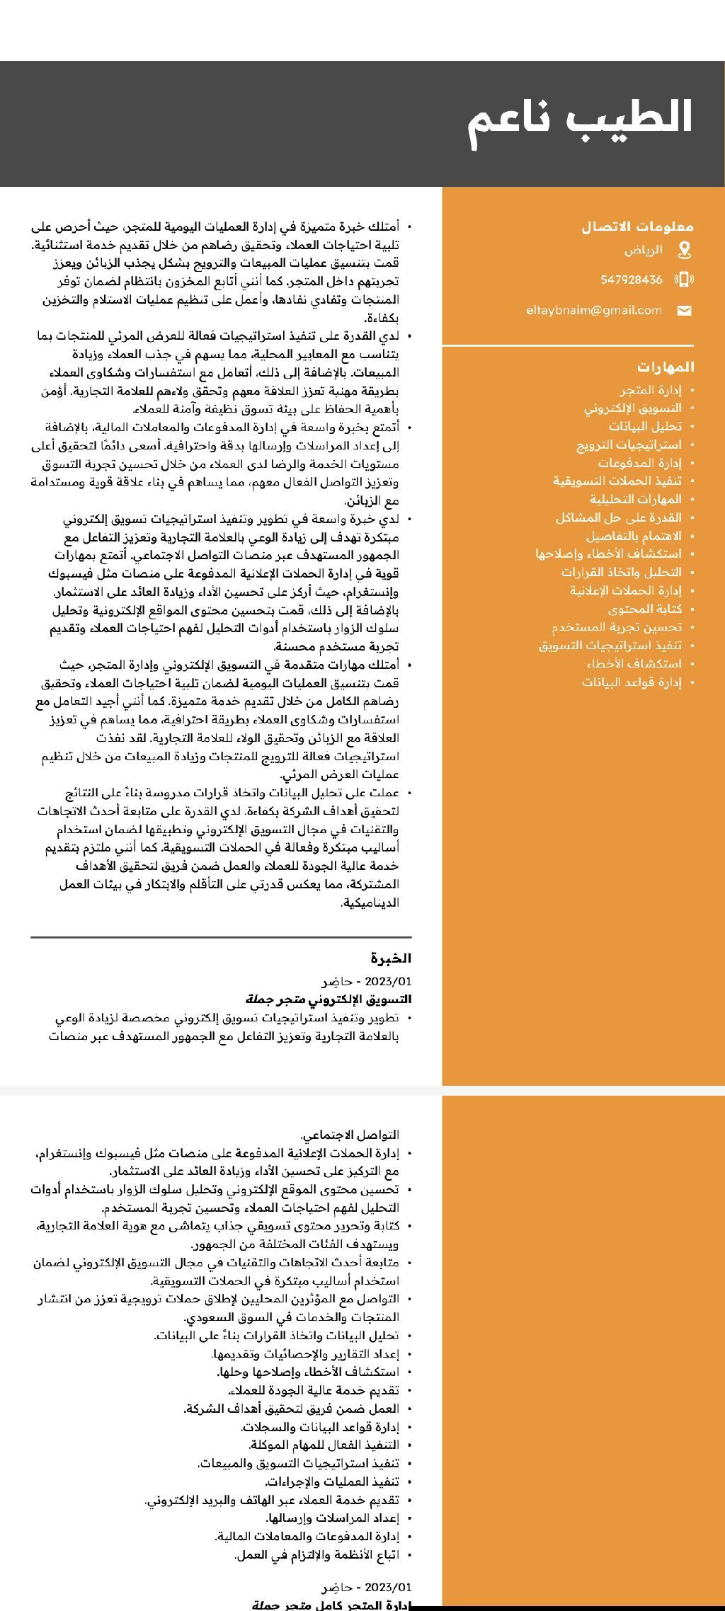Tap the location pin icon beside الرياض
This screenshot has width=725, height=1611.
tap(684, 250)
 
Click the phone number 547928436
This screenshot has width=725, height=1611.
tap(632, 280)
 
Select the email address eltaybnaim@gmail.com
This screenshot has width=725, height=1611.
tap(594, 310)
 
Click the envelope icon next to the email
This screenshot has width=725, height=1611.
tap(684, 311)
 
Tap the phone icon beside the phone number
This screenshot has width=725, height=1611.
tap(684, 280)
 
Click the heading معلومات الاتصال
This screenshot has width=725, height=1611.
tap(637, 227)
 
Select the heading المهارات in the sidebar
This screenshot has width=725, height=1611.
tap(666, 367)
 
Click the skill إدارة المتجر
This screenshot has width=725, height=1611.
tap(651, 390)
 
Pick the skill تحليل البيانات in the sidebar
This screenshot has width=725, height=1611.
tap(645, 426)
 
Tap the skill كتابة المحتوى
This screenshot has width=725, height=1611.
tap(644, 609)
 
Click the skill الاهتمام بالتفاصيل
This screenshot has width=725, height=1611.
tap(634, 536)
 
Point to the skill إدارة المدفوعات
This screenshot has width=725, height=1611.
tap(639, 463)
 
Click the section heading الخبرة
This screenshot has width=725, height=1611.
tap(391, 958)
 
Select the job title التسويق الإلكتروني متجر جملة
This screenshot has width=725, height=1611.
tap(329, 999)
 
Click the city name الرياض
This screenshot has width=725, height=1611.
tap(644, 250)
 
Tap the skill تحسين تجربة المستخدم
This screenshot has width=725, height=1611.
tap(617, 627)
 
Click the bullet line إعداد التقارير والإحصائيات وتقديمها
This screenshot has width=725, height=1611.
tap(306, 1353)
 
